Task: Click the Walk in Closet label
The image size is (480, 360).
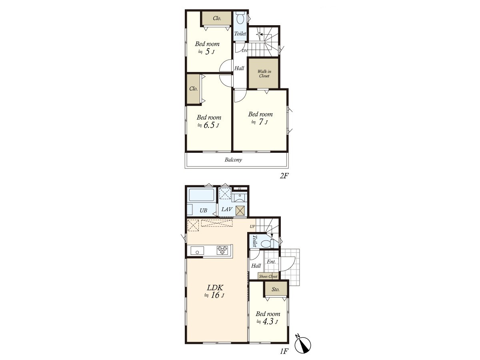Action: pos(264,74)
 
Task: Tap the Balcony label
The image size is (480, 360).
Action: pos(233,160)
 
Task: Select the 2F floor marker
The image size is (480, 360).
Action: pos(284,176)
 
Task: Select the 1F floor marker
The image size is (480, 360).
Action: pos(284,351)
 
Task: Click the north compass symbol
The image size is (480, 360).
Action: pos(303,345)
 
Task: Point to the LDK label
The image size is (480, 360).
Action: pos(215,288)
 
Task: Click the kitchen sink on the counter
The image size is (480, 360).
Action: pos(197,251)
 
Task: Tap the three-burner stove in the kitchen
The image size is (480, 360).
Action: pos(222,250)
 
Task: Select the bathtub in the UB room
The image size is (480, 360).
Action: pos(201,195)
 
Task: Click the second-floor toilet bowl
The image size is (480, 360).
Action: pos(240,18)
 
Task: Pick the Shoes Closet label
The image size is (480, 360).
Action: pos(268,276)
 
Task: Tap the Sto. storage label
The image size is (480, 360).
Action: pos(276,289)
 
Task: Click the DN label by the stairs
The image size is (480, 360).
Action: pos(245,51)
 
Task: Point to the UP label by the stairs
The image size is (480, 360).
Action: pos(252,226)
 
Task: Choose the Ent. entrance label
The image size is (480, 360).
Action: pos(271,262)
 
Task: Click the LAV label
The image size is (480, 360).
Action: pos(226,209)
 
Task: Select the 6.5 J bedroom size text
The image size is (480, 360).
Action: pos(208,126)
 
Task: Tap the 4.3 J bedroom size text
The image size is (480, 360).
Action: pos(267,322)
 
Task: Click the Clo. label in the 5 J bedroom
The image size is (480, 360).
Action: pos(217,18)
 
